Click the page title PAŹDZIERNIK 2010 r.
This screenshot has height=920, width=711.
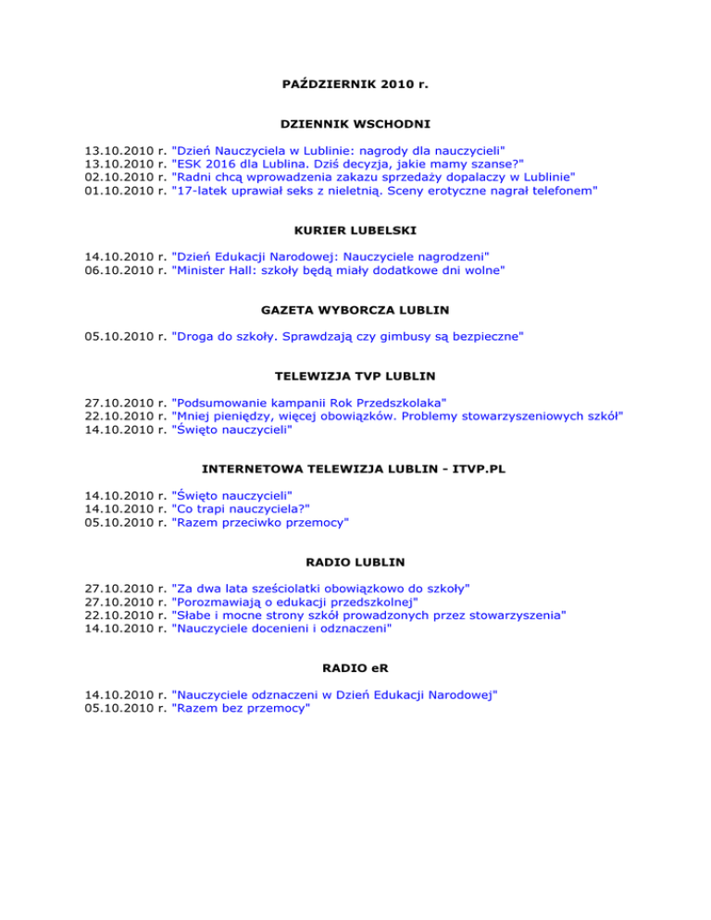coord(355,84)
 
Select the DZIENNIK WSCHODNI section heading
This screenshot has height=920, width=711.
coord(355,123)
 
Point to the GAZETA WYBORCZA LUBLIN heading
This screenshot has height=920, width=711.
coord(355,312)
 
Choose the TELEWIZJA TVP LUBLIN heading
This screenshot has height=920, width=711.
coord(355,377)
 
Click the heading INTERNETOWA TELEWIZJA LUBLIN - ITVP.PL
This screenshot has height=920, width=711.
coord(355,469)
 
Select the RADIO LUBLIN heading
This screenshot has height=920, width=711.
coord(355,561)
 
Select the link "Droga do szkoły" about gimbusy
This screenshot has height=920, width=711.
coord(347,339)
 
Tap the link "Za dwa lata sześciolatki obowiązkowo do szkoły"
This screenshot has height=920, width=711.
coord(321,588)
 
